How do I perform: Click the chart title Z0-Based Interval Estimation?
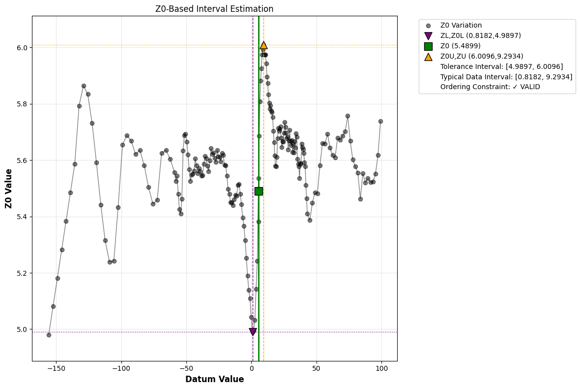214,9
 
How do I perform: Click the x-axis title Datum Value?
214,379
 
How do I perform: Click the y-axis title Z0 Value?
9,189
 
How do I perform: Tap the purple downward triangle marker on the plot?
253,332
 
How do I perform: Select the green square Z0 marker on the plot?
259,191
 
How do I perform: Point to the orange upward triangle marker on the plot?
263,45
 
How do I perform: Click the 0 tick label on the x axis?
252,368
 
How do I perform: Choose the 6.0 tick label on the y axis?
22,48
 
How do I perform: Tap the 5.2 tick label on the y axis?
22,273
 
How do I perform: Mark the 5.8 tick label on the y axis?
22,104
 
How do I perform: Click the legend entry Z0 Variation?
461,26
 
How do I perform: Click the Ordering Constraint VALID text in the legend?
490,87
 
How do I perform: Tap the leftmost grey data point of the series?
49,335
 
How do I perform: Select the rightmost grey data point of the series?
380,121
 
